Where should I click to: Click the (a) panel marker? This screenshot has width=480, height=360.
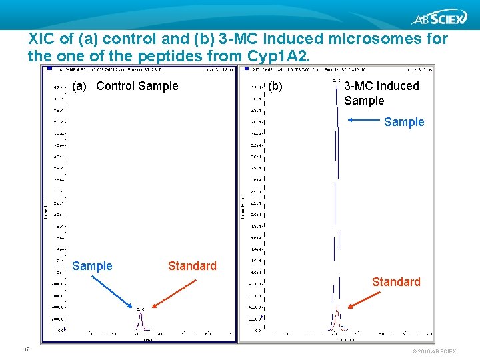[79, 86]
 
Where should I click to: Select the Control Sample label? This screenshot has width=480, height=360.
[137, 86]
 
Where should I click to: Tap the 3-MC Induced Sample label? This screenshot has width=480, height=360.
[381, 93]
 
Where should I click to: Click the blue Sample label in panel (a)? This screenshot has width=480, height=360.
[92, 266]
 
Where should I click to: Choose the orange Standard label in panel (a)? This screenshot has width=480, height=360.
[192, 266]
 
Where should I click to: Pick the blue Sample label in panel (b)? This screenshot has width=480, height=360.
[404, 122]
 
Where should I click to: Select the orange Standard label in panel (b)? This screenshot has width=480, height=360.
[396, 282]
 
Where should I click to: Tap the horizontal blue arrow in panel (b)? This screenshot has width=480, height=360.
[363, 121]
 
